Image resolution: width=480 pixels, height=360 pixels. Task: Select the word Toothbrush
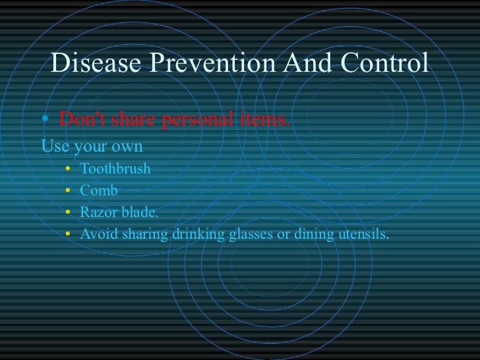point(115,169)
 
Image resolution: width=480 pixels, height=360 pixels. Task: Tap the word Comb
point(99,191)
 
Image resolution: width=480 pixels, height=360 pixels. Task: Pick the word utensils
point(363,235)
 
